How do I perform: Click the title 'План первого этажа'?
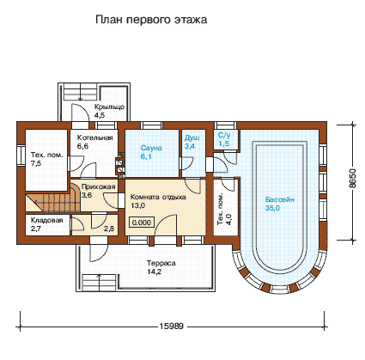[x=151, y=20]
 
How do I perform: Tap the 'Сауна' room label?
[x=151, y=148]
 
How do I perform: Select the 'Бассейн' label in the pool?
[x=280, y=199]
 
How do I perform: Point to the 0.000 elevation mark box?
[x=142, y=223]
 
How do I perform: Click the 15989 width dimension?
[x=171, y=326]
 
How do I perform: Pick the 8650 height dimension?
[x=353, y=178]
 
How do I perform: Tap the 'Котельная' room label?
[x=94, y=137]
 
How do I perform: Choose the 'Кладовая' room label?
[x=46, y=220]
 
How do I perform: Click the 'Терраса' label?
[x=161, y=263]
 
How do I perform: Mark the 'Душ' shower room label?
[x=192, y=138]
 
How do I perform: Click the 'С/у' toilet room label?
[x=224, y=135]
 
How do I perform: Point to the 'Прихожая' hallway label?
[x=98, y=186]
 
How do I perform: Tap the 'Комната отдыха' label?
[x=158, y=197]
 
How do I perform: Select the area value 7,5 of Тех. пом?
[x=36, y=163]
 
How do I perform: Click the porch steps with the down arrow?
[x=81, y=92]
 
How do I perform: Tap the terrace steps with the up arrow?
[x=99, y=282]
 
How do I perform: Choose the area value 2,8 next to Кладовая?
[x=109, y=229]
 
